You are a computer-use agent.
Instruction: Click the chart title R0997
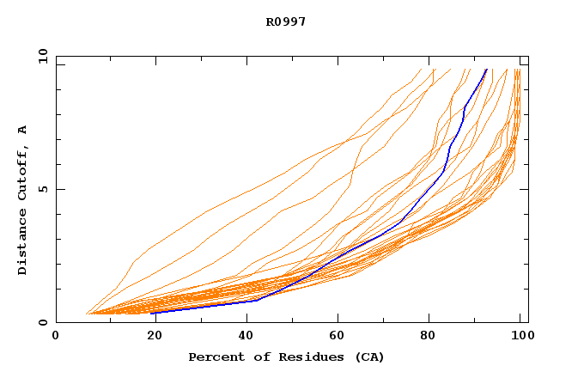285,21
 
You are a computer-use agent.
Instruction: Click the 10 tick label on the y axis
41,56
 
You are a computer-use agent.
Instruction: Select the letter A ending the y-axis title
22,130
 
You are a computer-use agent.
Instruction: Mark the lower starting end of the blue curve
151,313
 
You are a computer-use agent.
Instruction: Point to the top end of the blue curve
486,70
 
